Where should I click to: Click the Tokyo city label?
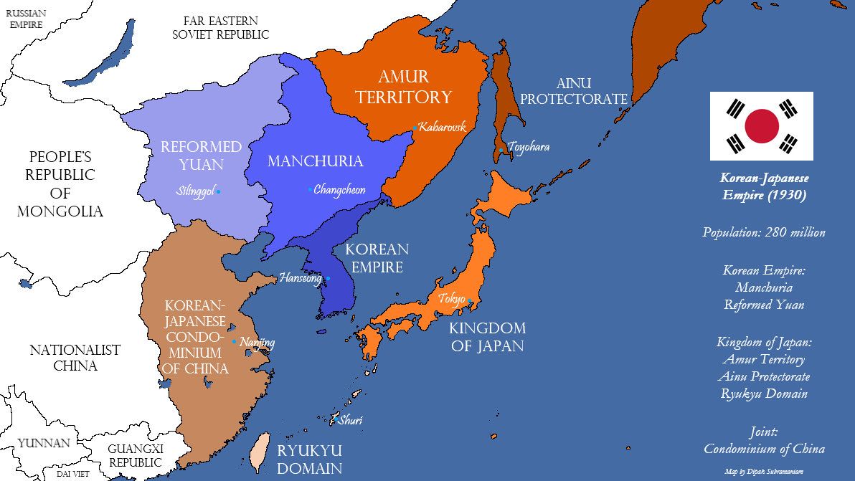coord(451,298)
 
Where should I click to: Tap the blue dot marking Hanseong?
coord(328,278)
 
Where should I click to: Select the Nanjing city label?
coord(257,343)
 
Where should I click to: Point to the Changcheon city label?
coord(340,190)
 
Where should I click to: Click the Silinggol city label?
coord(195,191)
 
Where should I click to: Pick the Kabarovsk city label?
coord(443,127)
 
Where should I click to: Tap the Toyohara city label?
coord(529,147)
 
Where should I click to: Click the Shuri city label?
coord(350,420)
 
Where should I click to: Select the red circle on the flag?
coord(762,126)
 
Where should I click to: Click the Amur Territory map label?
coord(405,87)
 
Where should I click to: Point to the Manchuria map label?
coord(315,161)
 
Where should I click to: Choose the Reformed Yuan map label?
coord(201,156)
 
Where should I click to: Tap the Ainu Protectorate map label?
coord(574,91)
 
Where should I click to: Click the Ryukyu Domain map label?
coord(309,459)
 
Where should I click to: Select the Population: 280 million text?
coord(764,232)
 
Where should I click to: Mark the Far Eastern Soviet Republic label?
coord(220,27)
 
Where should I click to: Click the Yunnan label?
coord(44,443)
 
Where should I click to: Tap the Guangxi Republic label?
coord(136,456)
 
